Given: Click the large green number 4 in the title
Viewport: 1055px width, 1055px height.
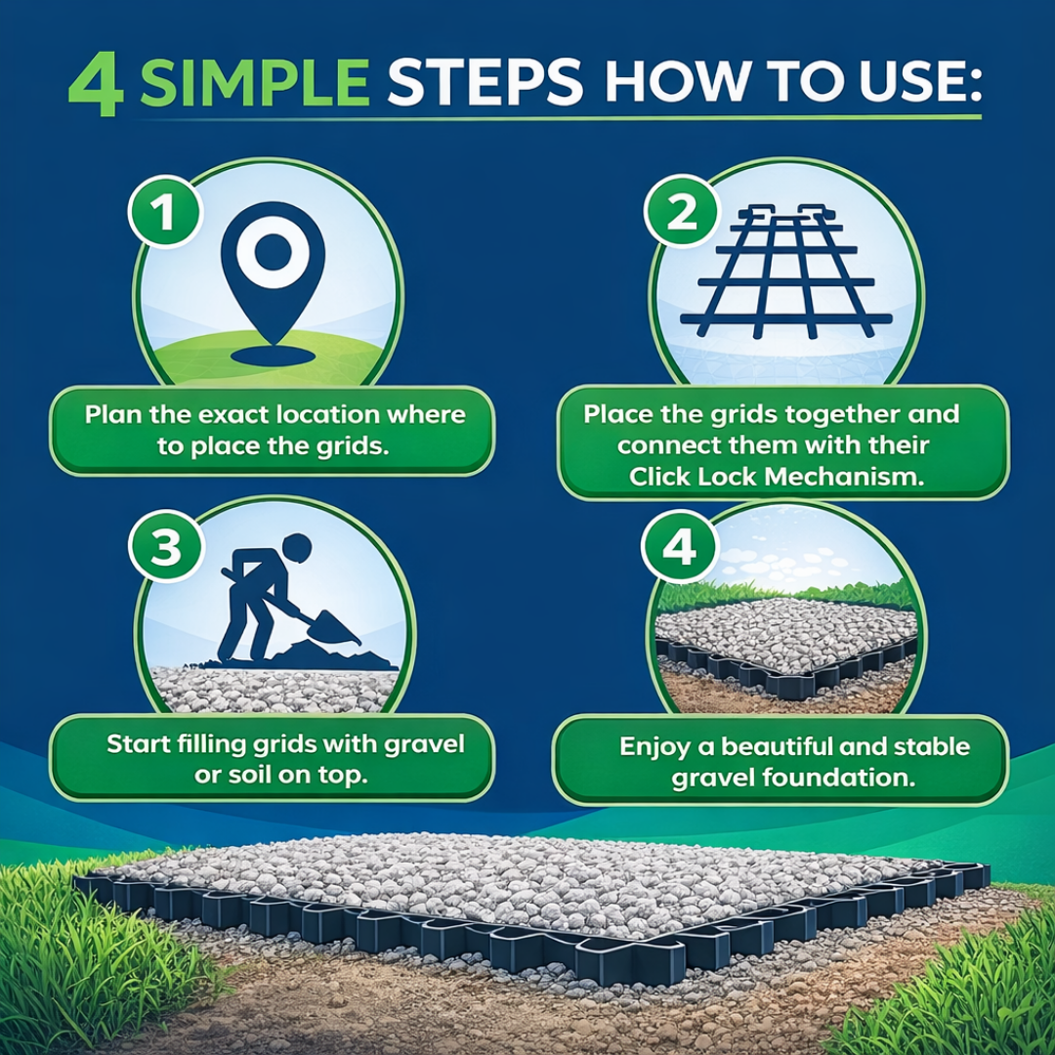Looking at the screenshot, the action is [x=96, y=85].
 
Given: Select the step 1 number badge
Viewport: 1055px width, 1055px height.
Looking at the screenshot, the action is [x=165, y=213].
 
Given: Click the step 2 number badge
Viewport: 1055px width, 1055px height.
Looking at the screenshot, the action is [x=681, y=213].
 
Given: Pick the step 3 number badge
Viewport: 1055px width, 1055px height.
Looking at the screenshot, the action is [x=165, y=546].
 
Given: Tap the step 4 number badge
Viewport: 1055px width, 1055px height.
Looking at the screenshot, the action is [x=680, y=546].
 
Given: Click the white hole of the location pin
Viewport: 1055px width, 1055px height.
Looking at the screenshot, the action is [x=273, y=252].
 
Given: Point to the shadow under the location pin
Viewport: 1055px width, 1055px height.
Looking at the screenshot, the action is [x=272, y=357].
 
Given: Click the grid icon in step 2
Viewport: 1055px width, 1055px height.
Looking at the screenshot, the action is [x=785, y=271].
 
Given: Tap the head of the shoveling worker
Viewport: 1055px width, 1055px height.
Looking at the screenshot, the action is [x=297, y=548].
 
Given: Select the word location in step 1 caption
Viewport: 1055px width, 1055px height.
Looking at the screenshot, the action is [x=320, y=414].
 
